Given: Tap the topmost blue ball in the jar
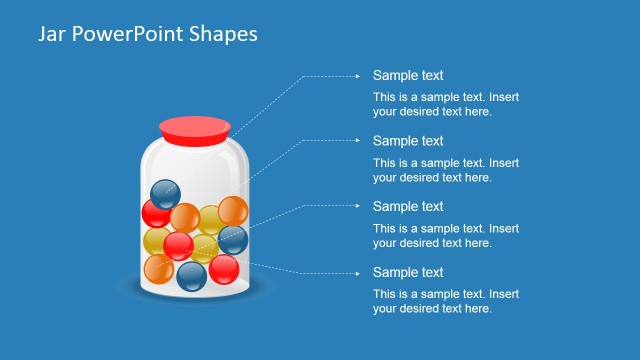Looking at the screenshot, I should pos(164,193).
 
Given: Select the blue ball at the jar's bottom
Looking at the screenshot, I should pos(191,275).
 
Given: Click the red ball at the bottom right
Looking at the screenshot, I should pos(223,269).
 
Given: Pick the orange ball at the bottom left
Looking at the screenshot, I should pos(159,268).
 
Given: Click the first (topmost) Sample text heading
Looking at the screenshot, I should pos(408,75).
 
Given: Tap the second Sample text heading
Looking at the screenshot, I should pos(408,141).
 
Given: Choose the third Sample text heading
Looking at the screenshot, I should pos(408,206).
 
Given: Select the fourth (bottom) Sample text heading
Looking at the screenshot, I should pos(408,272).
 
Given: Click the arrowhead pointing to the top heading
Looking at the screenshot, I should pos(358,75).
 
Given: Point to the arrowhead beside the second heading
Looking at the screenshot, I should pos(358,141).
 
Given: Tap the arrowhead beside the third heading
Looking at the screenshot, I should pos(358,206).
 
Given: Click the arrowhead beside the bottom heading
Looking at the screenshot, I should pos(358,272).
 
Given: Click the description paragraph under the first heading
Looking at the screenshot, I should pos(446,104).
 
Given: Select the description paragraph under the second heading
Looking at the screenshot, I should pos(446,170).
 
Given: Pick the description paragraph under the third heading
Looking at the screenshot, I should pos(446,235).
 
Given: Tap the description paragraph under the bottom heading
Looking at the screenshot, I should pos(446,301).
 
